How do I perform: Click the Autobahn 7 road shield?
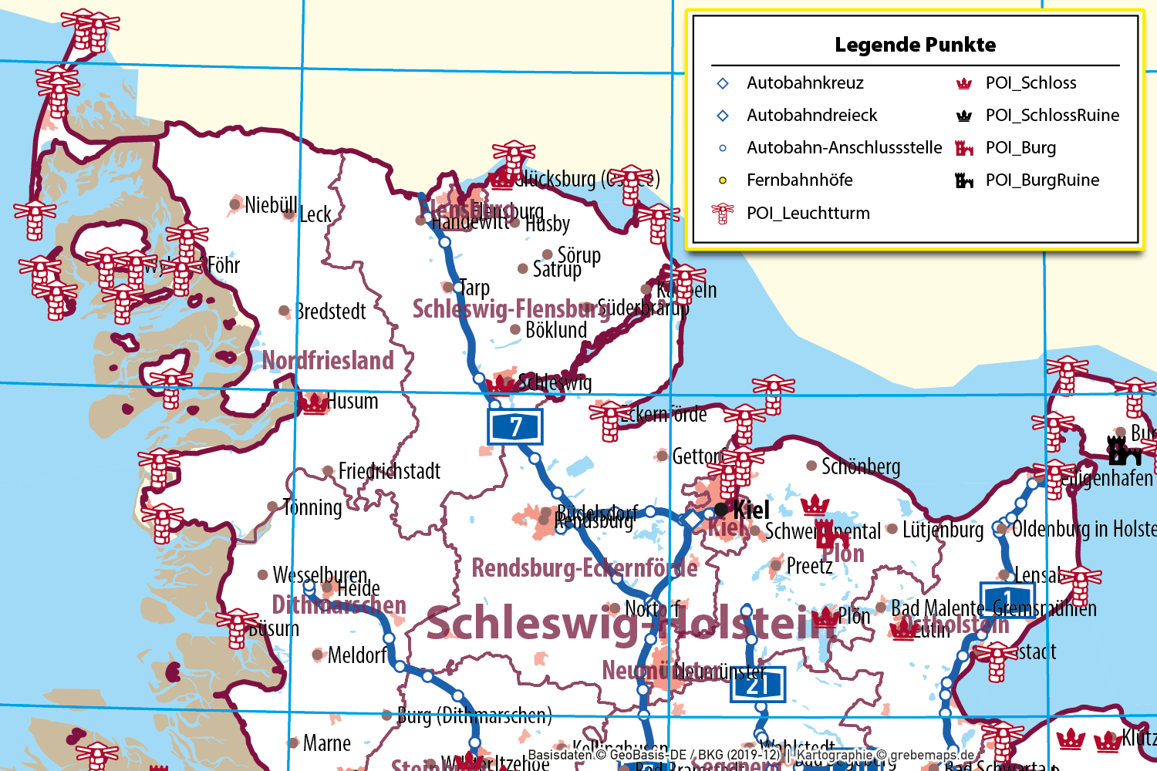pos(515,426)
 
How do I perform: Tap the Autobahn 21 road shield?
pos(757,685)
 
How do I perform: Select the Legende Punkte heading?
pos(915,45)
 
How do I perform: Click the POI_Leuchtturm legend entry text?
pos(808,213)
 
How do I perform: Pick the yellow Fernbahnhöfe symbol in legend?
pos(723,180)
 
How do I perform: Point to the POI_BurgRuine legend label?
pos(1042,180)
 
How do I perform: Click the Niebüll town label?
pos(270,205)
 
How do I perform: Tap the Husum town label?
pos(352,401)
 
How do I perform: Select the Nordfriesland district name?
pos(328,360)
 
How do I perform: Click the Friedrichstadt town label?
pos(390,470)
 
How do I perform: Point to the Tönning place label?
pos(312,507)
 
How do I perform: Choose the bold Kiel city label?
pos(751,510)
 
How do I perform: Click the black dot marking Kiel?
pos(721,509)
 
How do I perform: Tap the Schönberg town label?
pos(861,466)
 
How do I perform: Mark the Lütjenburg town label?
pos(943,530)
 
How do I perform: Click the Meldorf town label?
pos(357,655)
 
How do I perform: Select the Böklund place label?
pos(556,330)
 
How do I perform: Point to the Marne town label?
pos(327,743)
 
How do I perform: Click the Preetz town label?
pos(810,566)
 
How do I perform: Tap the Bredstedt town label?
pos(332,311)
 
